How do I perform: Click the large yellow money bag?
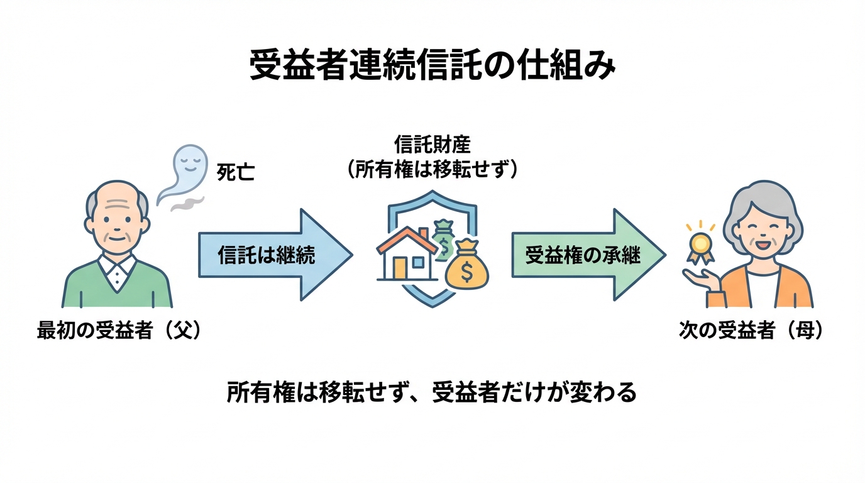pos(466,267)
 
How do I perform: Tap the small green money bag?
pos(444,236)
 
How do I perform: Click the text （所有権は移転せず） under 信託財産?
pos(432,170)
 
